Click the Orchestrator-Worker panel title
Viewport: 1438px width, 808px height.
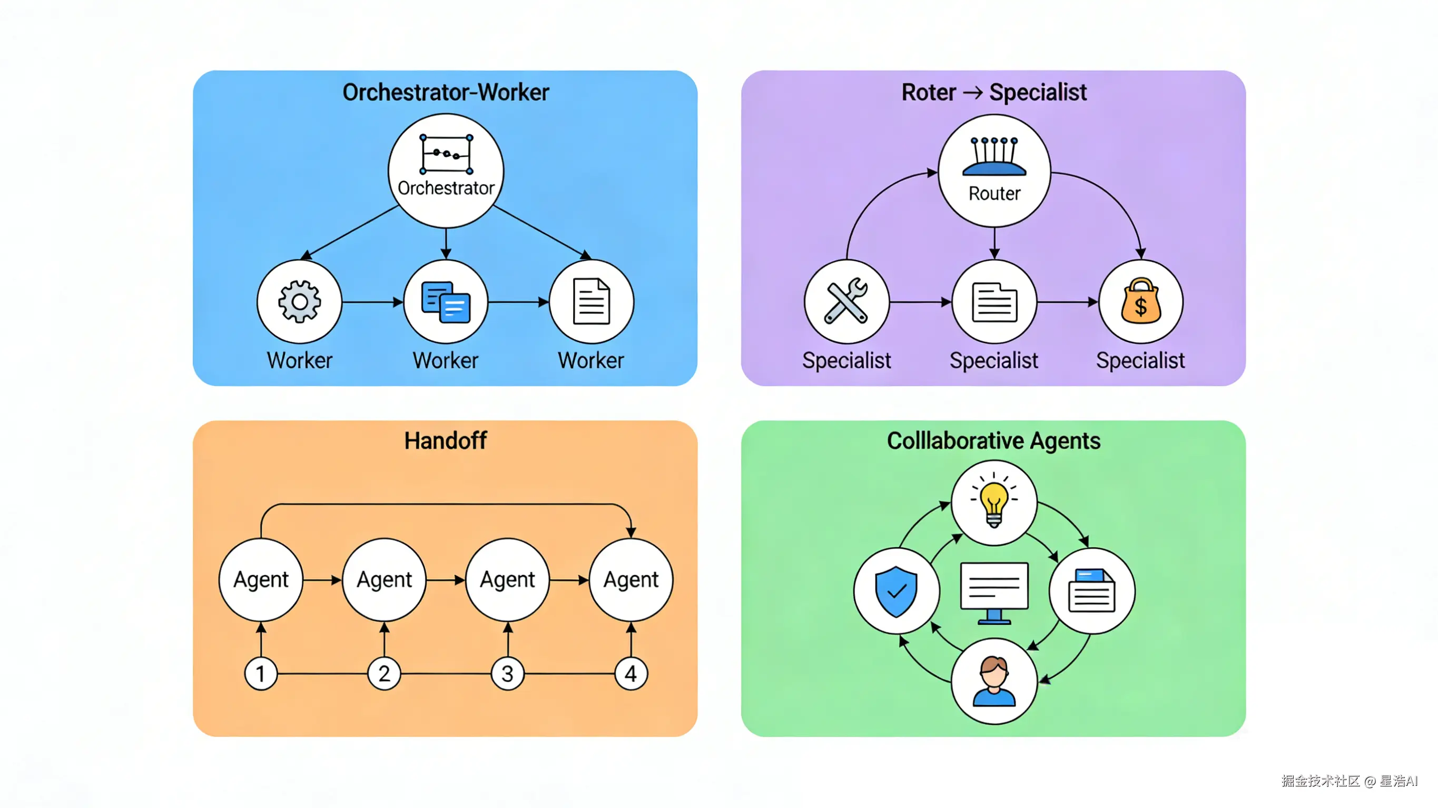[x=446, y=92]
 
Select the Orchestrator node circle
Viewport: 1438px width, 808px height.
[x=446, y=170]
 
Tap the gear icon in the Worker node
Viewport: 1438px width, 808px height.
[x=300, y=301]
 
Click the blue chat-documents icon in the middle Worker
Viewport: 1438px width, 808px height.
[x=446, y=302]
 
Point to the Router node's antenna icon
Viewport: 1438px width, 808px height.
[x=994, y=156]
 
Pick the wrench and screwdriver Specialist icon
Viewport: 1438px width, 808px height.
[x=846, y=301]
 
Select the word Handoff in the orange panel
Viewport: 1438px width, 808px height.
[x=446, y=440]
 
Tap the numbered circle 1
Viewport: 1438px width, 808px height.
[x=261, y=674]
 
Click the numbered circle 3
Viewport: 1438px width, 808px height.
[x=507, y=674]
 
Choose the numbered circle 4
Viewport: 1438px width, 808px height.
[x=631, y=674]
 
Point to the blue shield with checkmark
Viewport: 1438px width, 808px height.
[x=896, y=592]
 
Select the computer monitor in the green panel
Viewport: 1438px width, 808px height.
[x=994, y=592]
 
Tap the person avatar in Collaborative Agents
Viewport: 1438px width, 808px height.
[x=994, y=681]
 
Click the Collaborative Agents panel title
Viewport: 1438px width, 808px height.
[x=993, y=440]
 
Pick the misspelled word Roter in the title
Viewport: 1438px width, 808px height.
[x=928, y=92]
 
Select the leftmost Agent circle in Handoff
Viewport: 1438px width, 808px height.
[x=261, y=580]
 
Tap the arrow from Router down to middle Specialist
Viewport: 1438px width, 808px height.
[x=994, y=243]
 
